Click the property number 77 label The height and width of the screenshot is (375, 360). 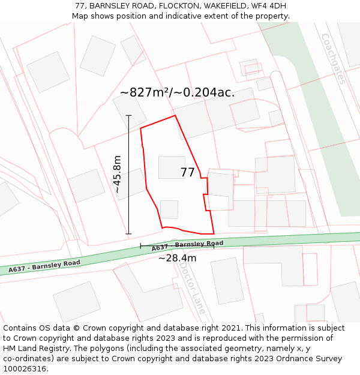point(187,173)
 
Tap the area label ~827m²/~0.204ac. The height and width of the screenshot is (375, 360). point(177,92)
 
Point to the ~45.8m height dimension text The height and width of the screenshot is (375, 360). point(118,174)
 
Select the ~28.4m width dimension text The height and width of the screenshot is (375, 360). point(177,258)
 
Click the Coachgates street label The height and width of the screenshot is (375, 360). point(334,58)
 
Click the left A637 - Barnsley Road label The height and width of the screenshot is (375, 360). point(44,266)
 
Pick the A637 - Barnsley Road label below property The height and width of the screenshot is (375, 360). point(187,245)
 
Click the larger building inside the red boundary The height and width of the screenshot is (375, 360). point(172,167)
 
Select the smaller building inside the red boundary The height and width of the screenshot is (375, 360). point(169,209)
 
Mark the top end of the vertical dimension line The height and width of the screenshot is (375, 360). point(128,115)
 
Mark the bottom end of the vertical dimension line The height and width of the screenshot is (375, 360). point(128,234)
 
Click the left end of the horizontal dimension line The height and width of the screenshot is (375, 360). point(140,246)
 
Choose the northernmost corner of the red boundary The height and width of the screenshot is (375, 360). point(175,116)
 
